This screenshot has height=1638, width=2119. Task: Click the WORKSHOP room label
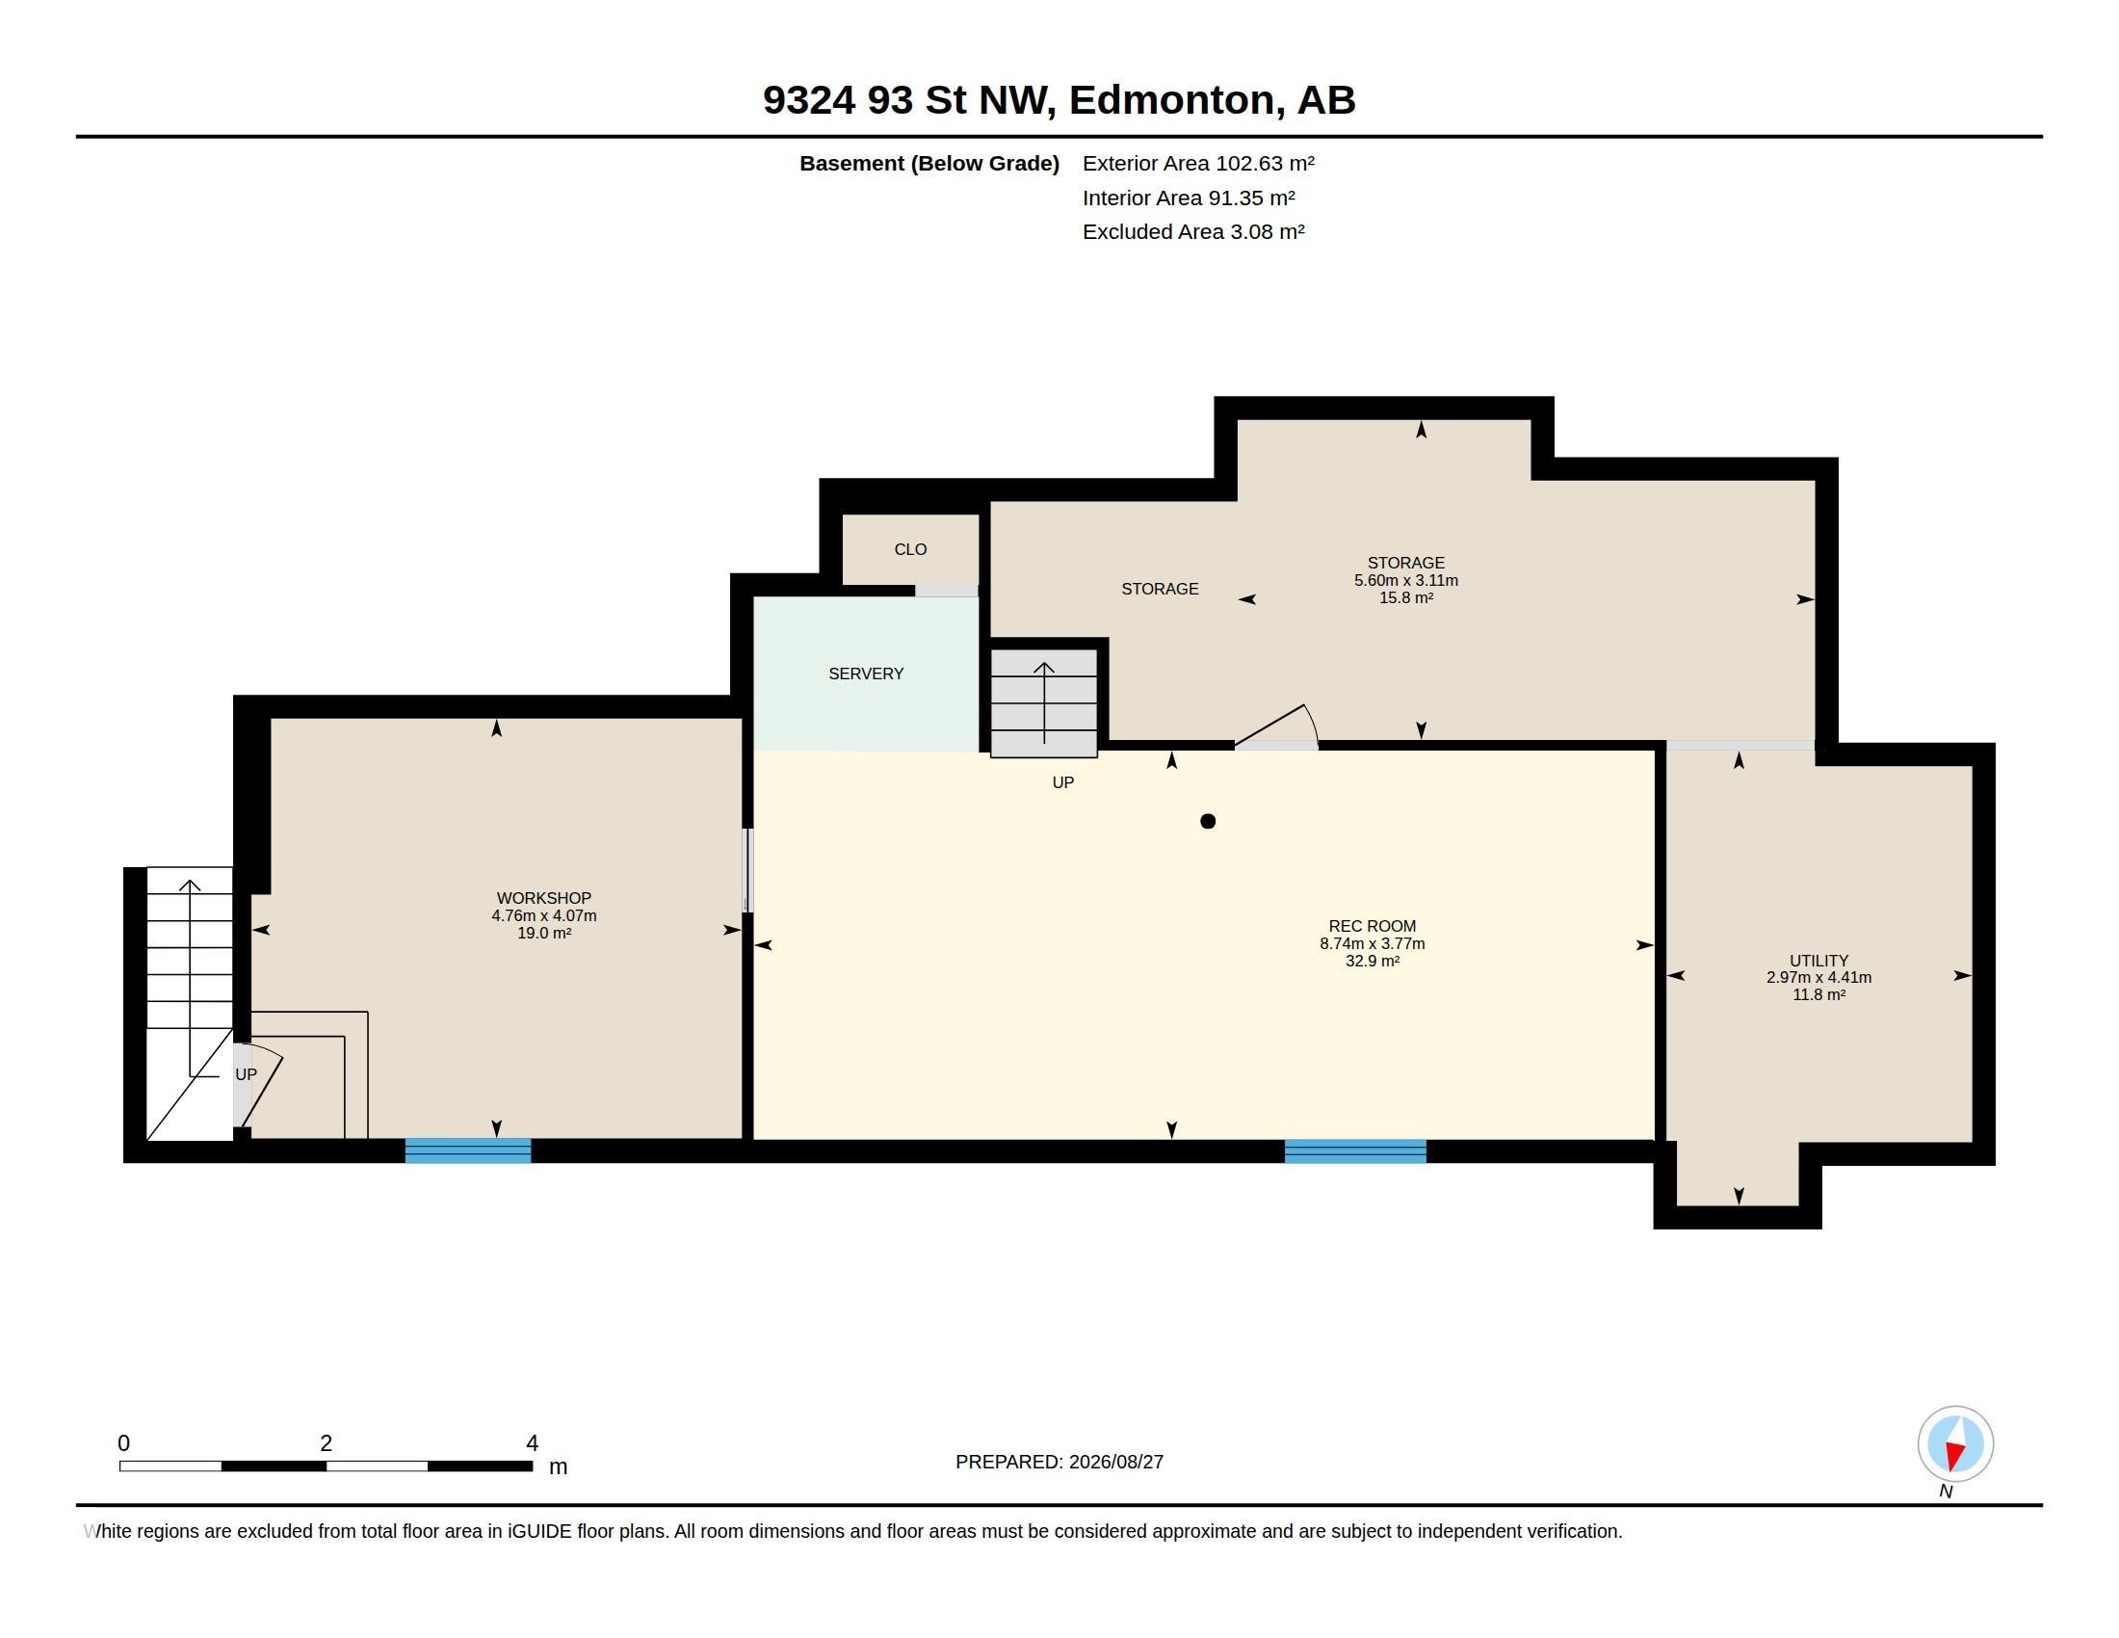pyautogui.click(x=543, y=899)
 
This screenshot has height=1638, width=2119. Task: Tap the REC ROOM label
pyautogui.click(x=1372, y=927)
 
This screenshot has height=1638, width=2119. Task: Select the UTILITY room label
pyautogui.click(x=1819, y=961)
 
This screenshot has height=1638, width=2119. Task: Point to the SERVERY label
pyautogui.click(x=866, y=674)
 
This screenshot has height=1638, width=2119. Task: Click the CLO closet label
pyautogui.click(x=910, y=549)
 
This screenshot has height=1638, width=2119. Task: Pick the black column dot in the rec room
pyautogui.click(x=1208, y=821)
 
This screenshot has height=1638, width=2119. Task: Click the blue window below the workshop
pyautogui.click(x=468, y=1150)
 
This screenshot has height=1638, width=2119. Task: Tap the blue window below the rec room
pyautogui.click(x=1355, y=1150)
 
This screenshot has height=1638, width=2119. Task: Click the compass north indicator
pyautogui.click(x=1955, y=1445)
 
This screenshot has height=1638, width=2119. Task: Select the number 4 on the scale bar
pyautogui.click(x=532, y=1443)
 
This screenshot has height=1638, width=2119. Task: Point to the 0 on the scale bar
pyautogui.click(x=123, y=1443)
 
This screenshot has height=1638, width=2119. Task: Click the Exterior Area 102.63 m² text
pyautogui.click(x=1198, y=163)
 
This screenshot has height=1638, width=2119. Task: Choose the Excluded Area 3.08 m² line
pyautogui.click(x=1193, y=232)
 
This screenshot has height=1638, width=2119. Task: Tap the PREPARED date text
pyautogui.click(x=1059, y=1462)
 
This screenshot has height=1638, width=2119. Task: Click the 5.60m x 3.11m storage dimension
pyautogui.click(x=1406, y=580)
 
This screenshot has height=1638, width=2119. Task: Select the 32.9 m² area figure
pyautogui.click(x=1372, y=961)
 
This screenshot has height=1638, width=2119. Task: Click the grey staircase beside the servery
pyautogui.click(x=1044, y=703)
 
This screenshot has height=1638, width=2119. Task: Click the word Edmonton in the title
pyautogui.click(x=1172, y=100)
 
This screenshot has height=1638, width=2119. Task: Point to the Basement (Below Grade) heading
pyautogui.click(x=929, y=164)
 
